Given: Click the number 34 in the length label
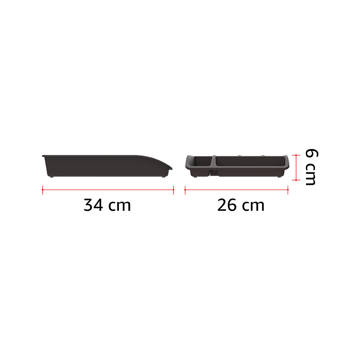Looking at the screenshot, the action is [x=93, y=205].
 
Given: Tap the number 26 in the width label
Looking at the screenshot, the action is [x=227, y=205].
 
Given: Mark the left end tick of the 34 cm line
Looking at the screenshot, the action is [x=42, y=190].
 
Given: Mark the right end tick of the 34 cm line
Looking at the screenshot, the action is [x=173, y=190].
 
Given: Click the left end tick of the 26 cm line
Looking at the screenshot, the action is [x=185, y=190].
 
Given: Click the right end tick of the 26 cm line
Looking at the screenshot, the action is [x=288, y=190].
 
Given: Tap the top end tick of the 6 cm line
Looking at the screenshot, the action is [x=296, y=155].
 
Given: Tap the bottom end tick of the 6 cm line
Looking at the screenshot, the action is [x=296, y=180].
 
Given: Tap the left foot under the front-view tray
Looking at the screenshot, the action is [x=195, y=177].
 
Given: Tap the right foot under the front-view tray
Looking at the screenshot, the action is [x=279, y=177].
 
